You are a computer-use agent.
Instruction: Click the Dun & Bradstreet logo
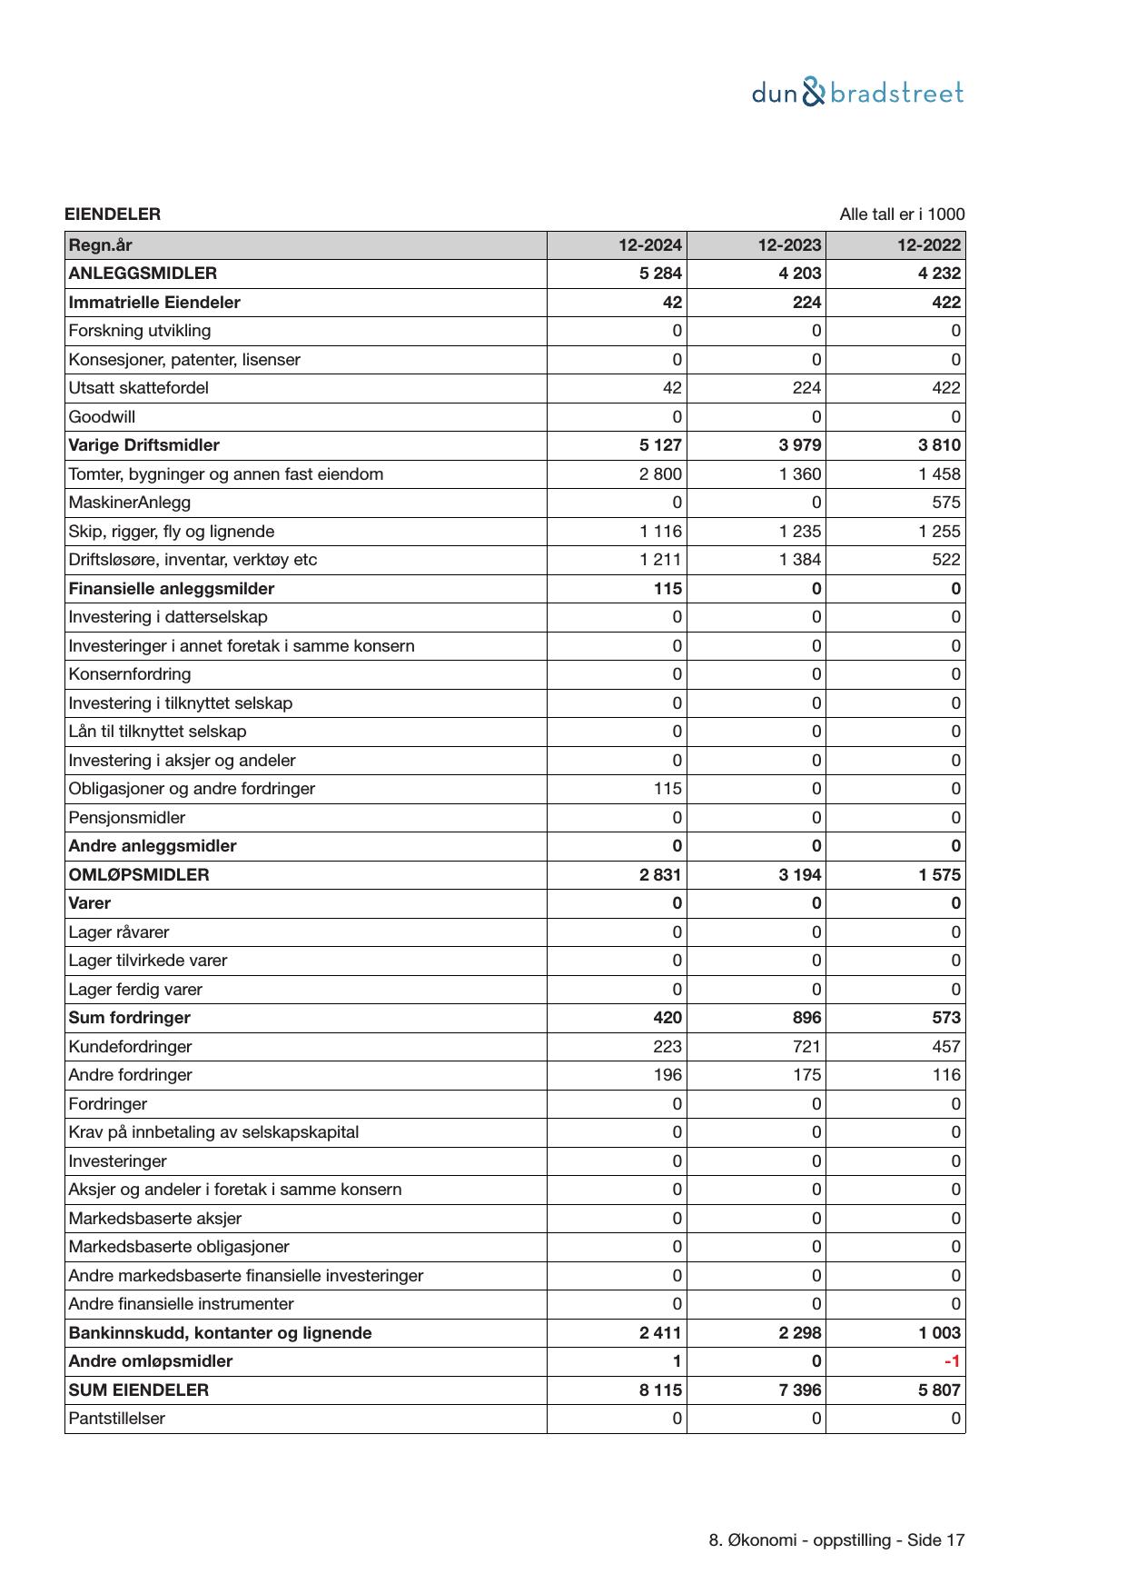point(857,93)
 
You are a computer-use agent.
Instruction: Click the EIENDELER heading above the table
point(113,214)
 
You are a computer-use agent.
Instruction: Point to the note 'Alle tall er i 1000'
point(901,214)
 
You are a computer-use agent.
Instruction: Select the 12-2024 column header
point(649,245)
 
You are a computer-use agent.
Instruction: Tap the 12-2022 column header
point(928,245)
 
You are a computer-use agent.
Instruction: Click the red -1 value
point(952,1361)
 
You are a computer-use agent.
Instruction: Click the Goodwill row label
point(102,417)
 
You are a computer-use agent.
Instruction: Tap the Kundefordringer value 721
point(806,1047)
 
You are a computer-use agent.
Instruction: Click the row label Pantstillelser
point(116,1419)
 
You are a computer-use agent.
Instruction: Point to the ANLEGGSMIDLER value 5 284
point(660,274)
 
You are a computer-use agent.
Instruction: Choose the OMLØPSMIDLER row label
point(138,875)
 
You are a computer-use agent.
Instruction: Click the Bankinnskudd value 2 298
point(800,1333)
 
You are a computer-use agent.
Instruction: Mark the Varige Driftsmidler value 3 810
point(939,445)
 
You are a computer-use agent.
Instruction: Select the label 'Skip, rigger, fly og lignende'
point(171,532)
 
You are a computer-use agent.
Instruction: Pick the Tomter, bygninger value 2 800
point(660,474)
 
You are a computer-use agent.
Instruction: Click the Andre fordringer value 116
point(945,1075)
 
